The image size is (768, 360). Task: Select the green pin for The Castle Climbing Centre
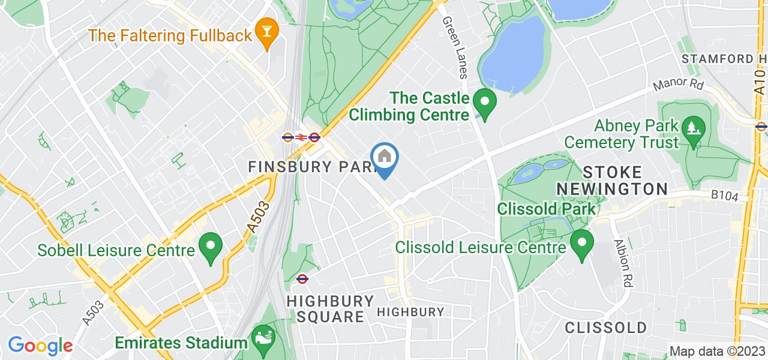(483, 104)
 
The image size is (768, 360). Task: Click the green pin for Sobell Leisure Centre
(211, 248)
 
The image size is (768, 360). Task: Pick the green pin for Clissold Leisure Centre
(581, 245)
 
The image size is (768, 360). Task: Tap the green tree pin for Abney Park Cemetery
(694, 133)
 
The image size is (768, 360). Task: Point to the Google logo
(40, 346)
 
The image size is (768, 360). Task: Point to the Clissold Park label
(547, 209)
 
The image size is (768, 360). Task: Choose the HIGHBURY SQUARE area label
(330, 308)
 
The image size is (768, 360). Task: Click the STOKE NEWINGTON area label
(612, 180)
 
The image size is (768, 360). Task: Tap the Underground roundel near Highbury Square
(302, 278)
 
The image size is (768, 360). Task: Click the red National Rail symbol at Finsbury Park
(301, 137)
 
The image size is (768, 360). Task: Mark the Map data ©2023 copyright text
(717, 352)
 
